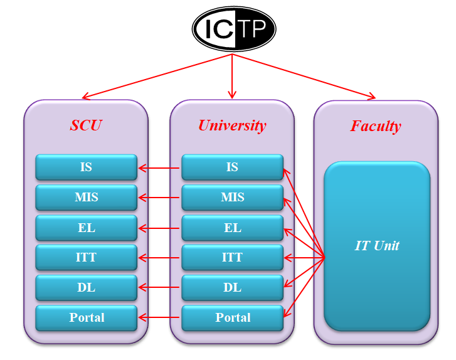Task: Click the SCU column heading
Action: pos(86,125)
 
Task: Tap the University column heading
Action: pos(232,125)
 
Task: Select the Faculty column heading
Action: pos(375,125)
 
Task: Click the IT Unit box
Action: pos(377,245)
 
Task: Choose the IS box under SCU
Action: pos(86,167)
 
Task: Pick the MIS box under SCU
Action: pos(86,197)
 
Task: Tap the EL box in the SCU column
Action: pos(86,227)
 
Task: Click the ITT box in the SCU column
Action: pos(86,257)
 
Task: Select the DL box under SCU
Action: pos(86,287)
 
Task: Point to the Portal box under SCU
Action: pos(86,317)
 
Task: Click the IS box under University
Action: pos(232,167)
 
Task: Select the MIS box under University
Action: pos(232,197)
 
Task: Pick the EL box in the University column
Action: pos(232,227)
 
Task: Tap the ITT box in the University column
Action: pos(232,257)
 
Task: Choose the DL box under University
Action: pos(232,287)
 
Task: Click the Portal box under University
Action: pos(232,317)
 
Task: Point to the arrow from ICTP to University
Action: pos(233,75)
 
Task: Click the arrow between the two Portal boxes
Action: pos(159,318)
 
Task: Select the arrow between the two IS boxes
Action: pos(159,167)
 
